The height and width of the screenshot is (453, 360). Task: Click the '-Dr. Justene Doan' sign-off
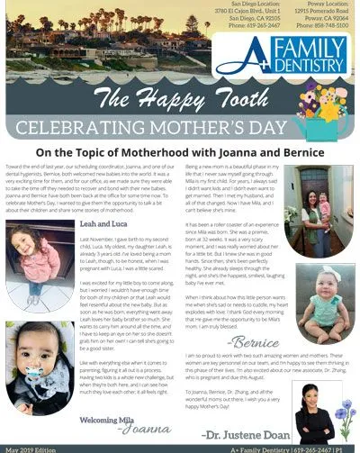tap(246, 432)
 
